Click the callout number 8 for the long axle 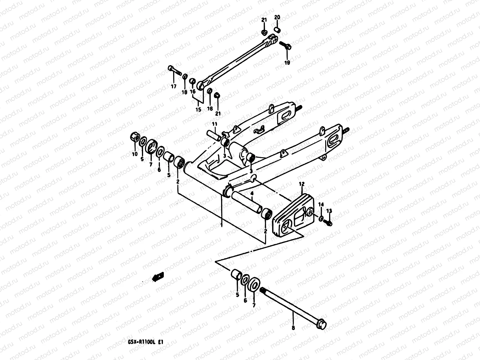tap(293, 328)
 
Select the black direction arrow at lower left tap(158, 276)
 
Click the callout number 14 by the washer tap(321, 205)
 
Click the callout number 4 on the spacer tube tap(252, 194)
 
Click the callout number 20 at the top tap(277, 17)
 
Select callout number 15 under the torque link tap(198, 110)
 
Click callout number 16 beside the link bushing tap(193, 91)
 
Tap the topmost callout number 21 tap(264, 20)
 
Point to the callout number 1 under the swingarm tap(221, 224)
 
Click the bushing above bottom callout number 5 tap(236, 274)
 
